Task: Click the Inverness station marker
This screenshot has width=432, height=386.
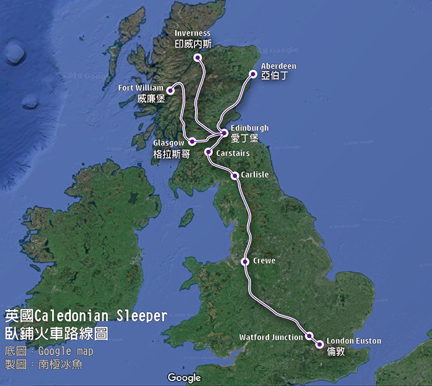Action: [197, 58]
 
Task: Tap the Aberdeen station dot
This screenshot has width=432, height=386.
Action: [253, 74]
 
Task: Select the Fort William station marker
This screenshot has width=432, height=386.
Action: [170, 91]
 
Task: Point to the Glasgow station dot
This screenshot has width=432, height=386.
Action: [193, 141]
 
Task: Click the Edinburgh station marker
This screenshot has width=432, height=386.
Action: [225, 133]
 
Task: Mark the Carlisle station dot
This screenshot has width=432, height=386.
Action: [235, 176]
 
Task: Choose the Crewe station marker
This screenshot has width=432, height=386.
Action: [245, 261]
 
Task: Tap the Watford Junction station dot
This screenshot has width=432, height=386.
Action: [309, 336]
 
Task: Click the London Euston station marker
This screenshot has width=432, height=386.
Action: [319, 345]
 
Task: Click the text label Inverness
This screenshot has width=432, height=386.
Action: [192, 33]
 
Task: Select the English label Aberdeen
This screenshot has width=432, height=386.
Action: [278, 65]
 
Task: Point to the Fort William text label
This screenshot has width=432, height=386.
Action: [141, 88]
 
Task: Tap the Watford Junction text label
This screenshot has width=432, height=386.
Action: [271, 337]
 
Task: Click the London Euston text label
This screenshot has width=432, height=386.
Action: [354, 341]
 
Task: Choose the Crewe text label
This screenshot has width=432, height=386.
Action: [264, 261]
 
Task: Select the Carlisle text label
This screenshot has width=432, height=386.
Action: [255, 175]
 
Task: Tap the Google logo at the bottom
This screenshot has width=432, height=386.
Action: [184, 377]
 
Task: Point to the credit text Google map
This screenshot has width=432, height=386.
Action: [69, 351]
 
